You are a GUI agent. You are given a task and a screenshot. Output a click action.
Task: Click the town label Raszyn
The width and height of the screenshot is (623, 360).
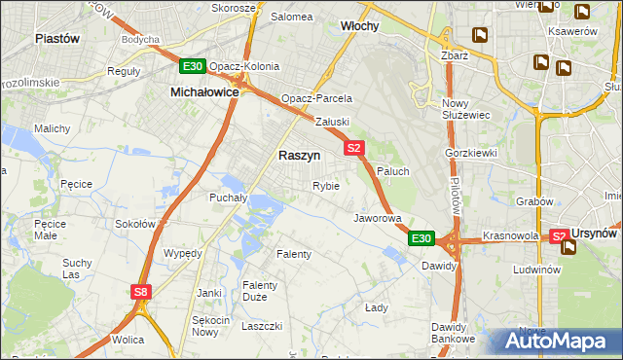pos(299,155)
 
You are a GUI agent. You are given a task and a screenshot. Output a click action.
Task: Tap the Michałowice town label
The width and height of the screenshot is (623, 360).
pos(204,90)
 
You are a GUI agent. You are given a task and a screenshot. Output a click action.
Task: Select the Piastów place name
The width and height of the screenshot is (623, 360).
pos(56,38)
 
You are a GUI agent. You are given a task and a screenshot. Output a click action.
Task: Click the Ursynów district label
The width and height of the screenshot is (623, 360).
pos(596,234)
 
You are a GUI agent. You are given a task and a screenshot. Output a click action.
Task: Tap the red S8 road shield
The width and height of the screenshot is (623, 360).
pos(142,291)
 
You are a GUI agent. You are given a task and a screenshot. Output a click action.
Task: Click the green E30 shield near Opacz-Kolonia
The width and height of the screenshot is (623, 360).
pos(192,67)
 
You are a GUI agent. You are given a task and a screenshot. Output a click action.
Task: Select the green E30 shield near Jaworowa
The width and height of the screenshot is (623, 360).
pos(420,238)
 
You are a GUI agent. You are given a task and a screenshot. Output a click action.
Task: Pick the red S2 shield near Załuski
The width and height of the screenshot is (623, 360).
pos(353,149)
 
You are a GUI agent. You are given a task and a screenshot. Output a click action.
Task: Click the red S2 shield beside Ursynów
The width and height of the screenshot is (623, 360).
pos(559,236)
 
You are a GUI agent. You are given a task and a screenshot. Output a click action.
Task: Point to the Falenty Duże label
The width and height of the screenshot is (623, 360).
pos(261,291)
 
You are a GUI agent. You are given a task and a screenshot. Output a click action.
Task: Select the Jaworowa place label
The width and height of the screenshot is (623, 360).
pos(378,218)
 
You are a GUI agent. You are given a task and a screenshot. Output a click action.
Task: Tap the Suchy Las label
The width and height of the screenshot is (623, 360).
pos(77,268)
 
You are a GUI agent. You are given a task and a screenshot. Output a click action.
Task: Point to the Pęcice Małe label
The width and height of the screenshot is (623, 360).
pos(49,229)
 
